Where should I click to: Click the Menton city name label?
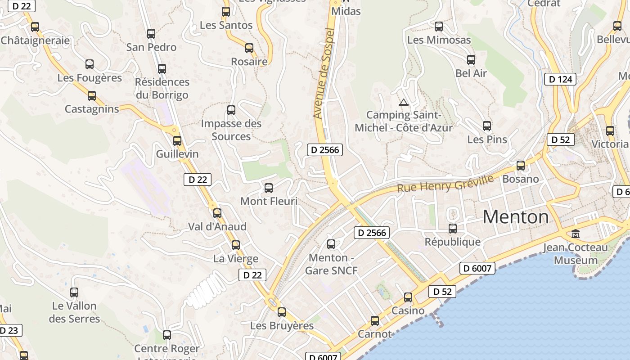(x=516, y=217)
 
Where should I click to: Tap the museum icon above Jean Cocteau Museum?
(x=575, y=234)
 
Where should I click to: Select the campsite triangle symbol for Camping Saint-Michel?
(x=403, y=102)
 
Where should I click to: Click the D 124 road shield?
(x=560, y=80)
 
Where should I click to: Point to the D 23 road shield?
(x=9, y=330)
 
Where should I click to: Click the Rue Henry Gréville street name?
(x=445, y=183)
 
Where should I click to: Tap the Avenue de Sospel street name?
(x=325, y=73)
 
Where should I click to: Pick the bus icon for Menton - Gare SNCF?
(x=331, y=244)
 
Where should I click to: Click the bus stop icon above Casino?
(x=408, y=297)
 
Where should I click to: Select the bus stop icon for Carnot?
(x=375, y=321)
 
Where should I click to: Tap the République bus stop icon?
(x=453, y=229)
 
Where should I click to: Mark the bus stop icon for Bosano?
(x=521, y=166)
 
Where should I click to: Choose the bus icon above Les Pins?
(x=487, y=126)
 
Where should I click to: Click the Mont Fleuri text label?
(x=269, y=201)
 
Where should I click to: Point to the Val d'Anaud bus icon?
(x=217, y=213)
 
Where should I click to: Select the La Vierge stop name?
(x=236, y=259)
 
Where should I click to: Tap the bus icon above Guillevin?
(x=177, y=141)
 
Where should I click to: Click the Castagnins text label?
(x=92, y=109)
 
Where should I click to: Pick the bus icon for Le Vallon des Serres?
(x=74, y=292)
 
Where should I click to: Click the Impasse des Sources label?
(x=231, y=130)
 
